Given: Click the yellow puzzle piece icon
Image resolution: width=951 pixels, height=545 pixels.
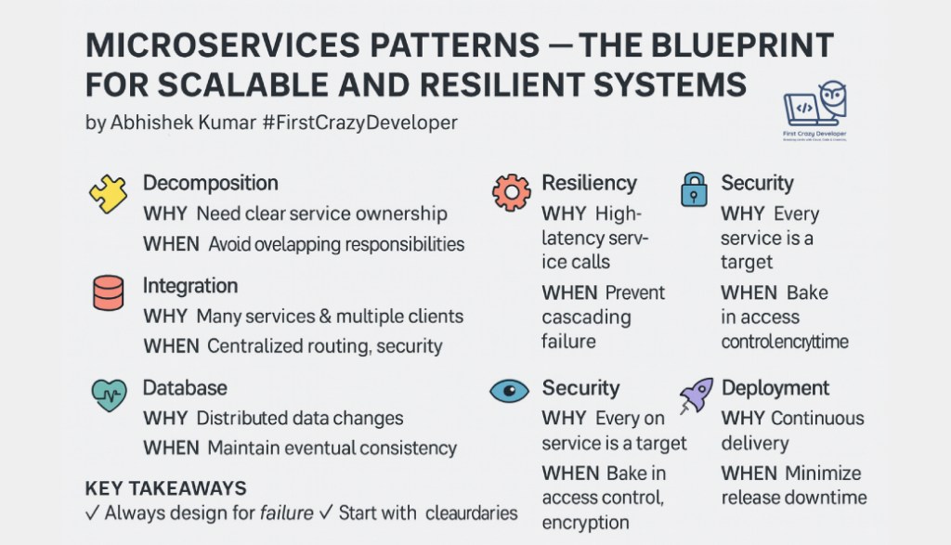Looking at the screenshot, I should click(108, 193).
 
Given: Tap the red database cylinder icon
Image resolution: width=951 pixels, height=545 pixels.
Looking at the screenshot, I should click(108, 293).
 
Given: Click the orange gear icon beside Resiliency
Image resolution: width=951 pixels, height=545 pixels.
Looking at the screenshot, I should click(511, 191).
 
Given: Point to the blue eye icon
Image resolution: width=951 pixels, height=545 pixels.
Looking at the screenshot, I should click(509, 391).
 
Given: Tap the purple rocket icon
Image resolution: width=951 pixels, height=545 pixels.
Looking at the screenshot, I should click(695, 394).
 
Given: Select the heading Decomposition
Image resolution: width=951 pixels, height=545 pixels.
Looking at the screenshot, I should click(210, 183).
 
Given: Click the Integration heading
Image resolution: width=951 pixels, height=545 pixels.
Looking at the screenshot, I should click(189, 286).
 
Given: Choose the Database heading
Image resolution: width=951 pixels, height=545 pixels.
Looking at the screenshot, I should click(184, 387).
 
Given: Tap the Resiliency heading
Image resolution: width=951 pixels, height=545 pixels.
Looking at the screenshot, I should click(589, 183).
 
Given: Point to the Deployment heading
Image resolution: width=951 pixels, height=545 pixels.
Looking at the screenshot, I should click(775, 388).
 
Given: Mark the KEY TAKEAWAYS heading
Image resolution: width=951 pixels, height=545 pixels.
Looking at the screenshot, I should click(165, 488).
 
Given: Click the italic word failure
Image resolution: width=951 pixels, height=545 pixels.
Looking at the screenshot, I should click(285, 513).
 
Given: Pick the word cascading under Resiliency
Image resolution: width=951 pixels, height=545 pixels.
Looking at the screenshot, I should click(586, 318).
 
